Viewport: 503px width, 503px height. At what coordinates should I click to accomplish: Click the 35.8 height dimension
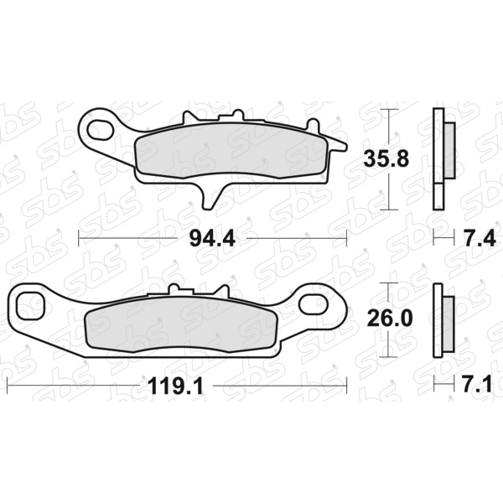[x=386, y=159]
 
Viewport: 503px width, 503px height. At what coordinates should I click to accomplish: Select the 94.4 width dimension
[x=212, y=238]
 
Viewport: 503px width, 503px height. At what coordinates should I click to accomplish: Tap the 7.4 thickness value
[x=480, y=238]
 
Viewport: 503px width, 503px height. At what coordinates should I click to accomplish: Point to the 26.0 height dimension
[x=390, y=319]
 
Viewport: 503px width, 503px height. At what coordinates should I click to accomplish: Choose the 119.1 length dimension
[x=175, y=386]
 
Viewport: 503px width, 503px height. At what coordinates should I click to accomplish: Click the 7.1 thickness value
[x=477, y=384]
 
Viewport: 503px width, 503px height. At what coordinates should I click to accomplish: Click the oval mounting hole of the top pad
[x=101, y=130]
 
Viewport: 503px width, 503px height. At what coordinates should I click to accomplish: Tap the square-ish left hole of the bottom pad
[x=30, y=305]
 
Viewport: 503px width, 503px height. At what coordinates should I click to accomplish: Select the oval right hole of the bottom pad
[x=313, y=303]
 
